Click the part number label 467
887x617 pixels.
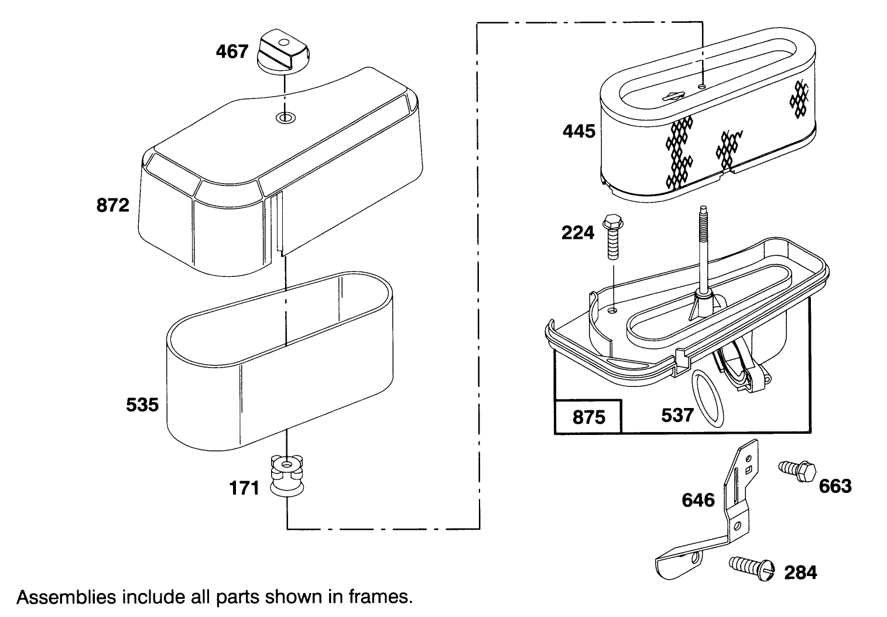[232, 52]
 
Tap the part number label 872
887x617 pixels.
[112, 205]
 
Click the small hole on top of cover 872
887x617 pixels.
[285, 119]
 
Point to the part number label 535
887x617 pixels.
[142, 405]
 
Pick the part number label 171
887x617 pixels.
[244, 488]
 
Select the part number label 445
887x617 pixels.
[578, 131]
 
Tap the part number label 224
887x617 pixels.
[577, 233]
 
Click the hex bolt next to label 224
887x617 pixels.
[612, 237]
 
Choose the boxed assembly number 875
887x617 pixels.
[588, 417]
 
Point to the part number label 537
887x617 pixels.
[677, 415]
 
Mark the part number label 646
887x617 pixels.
[698, 500]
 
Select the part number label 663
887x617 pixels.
[835, 486]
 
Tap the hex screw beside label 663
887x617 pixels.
[797, 470]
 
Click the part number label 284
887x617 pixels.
[800, 572]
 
